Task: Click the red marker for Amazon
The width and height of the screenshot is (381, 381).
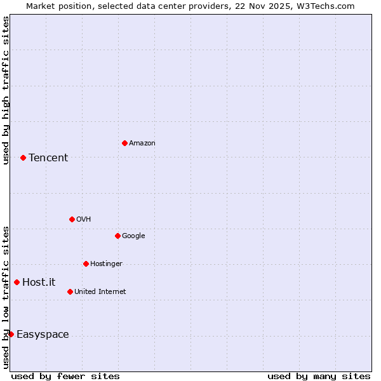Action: [124, 143]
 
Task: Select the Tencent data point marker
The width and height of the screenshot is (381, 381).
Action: [23, 157]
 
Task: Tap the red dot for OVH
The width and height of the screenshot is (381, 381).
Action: [72, 219]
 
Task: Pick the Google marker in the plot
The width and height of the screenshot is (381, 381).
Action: [117, 236]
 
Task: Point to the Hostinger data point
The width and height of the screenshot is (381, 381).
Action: [86, 264]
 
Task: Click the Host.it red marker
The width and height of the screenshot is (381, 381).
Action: [17, 282]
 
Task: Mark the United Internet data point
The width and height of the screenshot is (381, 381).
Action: [70, 291]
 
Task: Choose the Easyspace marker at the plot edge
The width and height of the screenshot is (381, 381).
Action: [11, 334]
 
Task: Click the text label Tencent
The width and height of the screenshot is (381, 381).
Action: [48, 158]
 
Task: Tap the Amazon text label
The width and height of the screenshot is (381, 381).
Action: [142, 144]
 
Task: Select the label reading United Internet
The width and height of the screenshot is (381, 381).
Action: [100, 292]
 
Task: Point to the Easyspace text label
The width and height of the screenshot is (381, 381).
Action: [43, 335]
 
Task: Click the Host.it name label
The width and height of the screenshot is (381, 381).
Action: [39, 283]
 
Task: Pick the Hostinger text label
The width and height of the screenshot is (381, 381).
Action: [106, 264]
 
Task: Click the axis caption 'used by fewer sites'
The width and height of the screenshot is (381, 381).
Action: [65, 376]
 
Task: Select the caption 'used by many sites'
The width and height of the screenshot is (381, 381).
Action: [319, 376]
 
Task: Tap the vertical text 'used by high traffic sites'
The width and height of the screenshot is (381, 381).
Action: [6, 90]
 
